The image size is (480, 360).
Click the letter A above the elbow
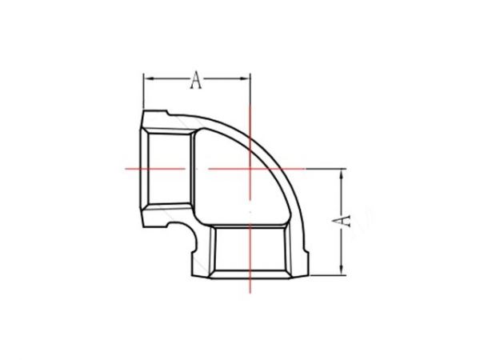[196, 78]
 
